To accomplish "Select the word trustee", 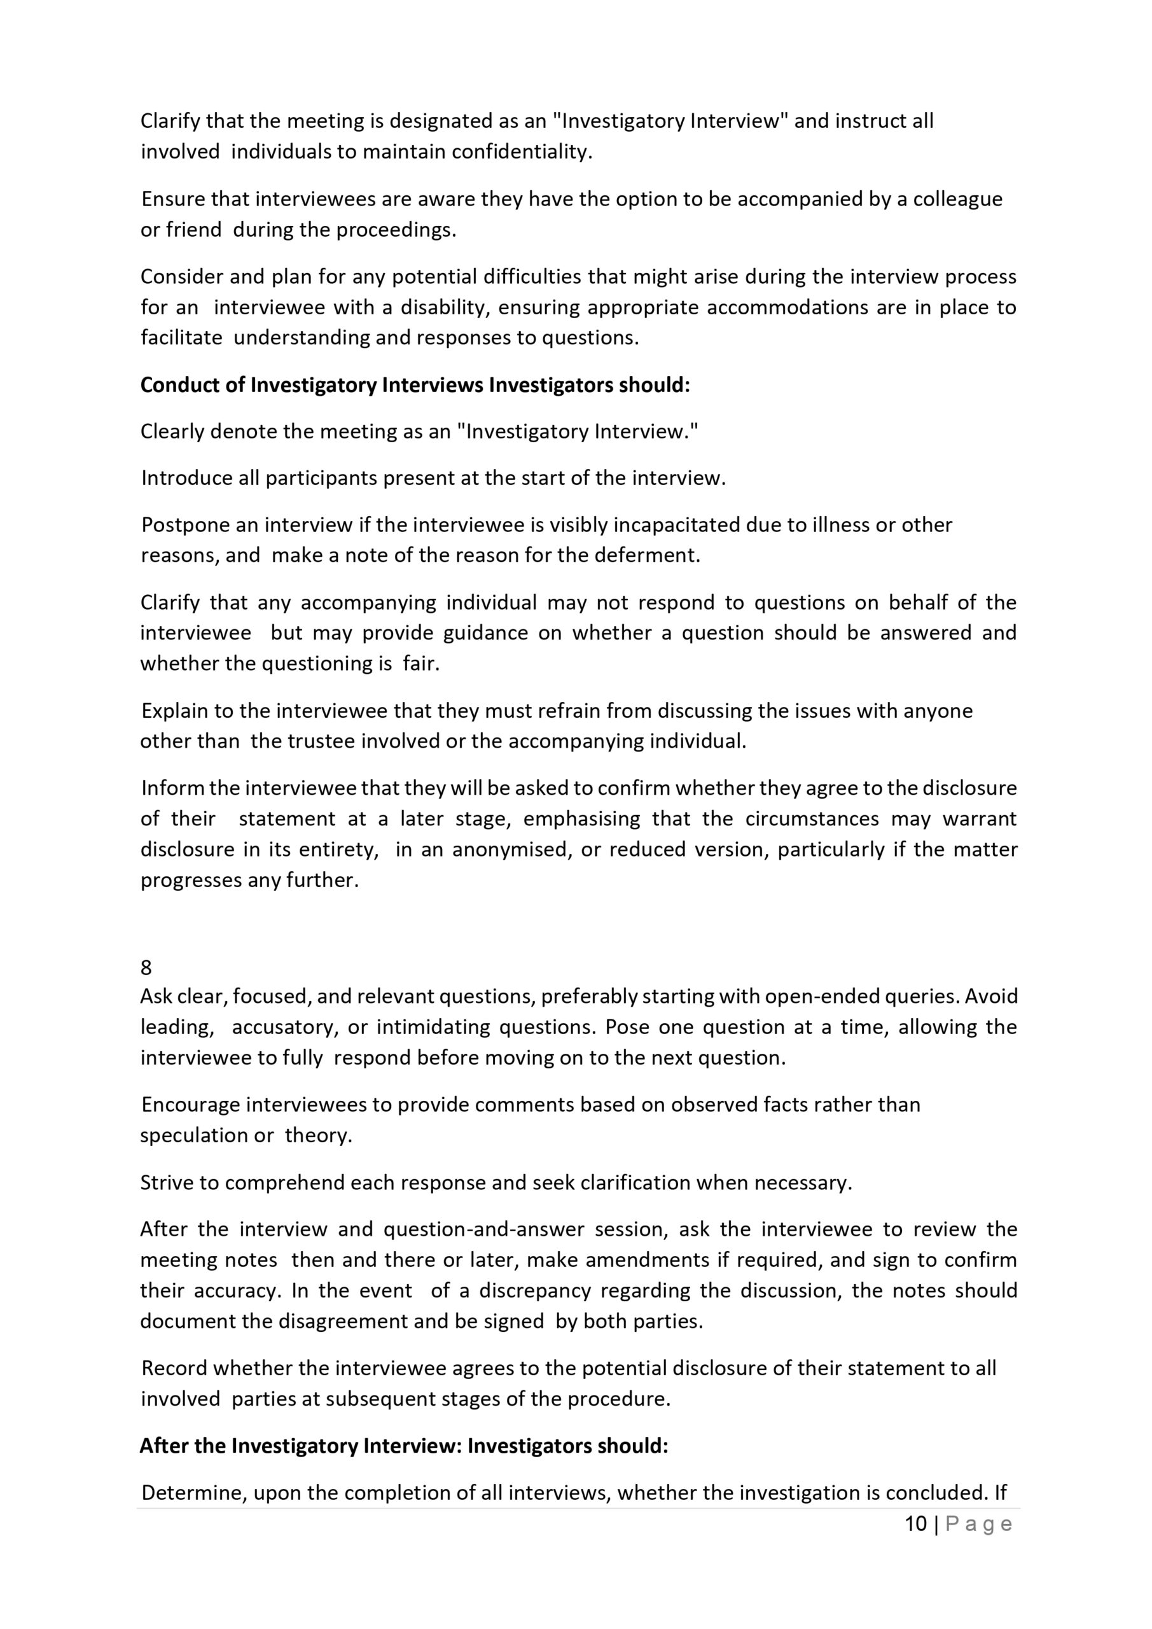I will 321,741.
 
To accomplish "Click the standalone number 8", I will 146,968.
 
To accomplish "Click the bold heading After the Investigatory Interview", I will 301,1446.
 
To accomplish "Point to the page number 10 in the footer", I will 916,1524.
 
